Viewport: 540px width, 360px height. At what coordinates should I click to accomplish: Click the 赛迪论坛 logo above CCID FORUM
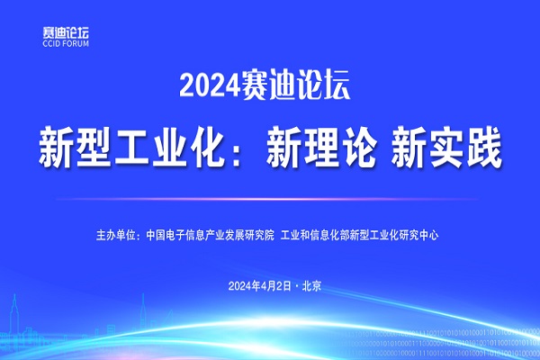[66, 32]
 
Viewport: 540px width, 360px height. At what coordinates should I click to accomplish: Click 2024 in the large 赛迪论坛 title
[209, 85]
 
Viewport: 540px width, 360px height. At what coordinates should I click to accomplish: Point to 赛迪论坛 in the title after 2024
[296, 85]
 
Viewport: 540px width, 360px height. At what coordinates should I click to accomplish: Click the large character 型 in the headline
[94, 147]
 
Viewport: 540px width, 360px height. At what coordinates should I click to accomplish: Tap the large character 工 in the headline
[133, 148]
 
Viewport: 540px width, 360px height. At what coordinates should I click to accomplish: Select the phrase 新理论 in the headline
[320, 147]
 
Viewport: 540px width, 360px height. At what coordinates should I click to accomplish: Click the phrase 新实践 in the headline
[446, 147]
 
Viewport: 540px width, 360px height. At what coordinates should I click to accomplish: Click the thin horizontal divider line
[267, 199]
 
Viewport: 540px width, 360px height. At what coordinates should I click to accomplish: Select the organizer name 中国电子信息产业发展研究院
[210, 235]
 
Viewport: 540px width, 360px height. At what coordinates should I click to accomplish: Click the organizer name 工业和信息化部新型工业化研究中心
[359, 235]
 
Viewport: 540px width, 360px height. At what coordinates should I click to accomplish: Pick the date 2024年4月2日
[260, 286]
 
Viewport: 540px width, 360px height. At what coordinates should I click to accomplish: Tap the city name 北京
[311, 286]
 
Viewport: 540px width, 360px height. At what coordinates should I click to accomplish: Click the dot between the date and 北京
[297, 286]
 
